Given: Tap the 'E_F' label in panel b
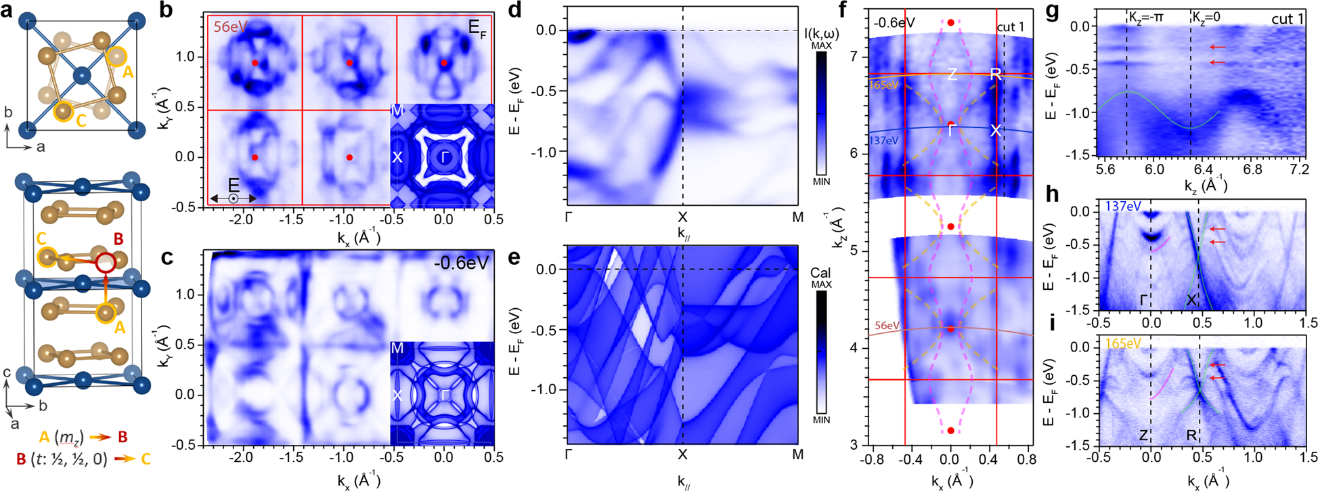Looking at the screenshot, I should click(478, 28).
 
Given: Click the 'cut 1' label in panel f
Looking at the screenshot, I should click(1011, 27).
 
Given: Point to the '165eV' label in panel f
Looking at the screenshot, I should click(864, 85).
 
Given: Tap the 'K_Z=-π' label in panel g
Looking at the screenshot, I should click(1145, 18).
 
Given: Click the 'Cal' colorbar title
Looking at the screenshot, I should click(821, 273).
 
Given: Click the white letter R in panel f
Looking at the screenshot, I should click(996, 74).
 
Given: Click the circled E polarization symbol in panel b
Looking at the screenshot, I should click(233, 198).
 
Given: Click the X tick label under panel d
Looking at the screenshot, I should click(682, 217).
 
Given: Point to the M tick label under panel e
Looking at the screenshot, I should click(798, 454).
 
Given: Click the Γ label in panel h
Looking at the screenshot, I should click(1143, 299).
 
